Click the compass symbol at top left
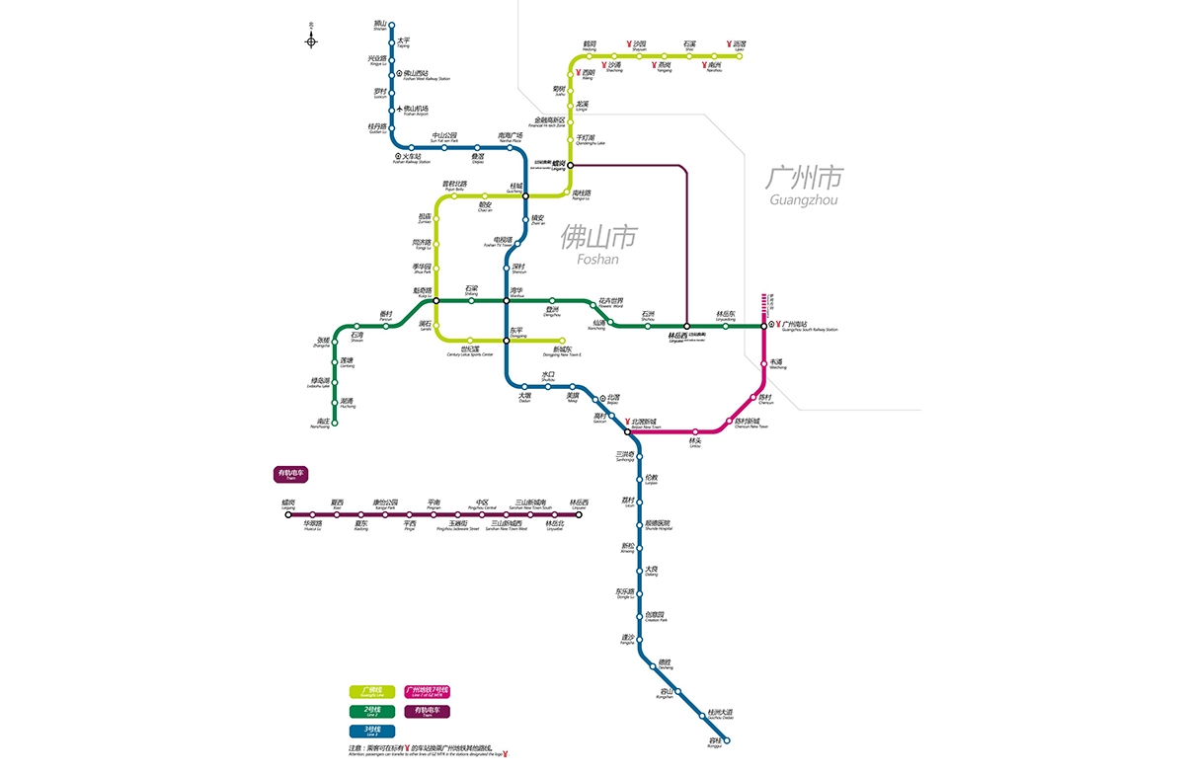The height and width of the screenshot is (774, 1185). pos(311,39)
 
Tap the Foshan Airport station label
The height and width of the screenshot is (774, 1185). pos(414,111)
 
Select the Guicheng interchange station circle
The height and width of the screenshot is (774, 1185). pos(525,195)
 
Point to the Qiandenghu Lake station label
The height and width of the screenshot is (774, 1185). pos(591,140)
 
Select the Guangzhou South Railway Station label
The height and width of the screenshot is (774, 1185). pos(807,326)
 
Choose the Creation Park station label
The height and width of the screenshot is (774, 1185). pos(656,617)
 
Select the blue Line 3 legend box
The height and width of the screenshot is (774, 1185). pos(372,732)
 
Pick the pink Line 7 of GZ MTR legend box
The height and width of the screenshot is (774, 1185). pos(427,691)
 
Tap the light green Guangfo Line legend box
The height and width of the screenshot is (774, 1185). pos(372,691)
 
